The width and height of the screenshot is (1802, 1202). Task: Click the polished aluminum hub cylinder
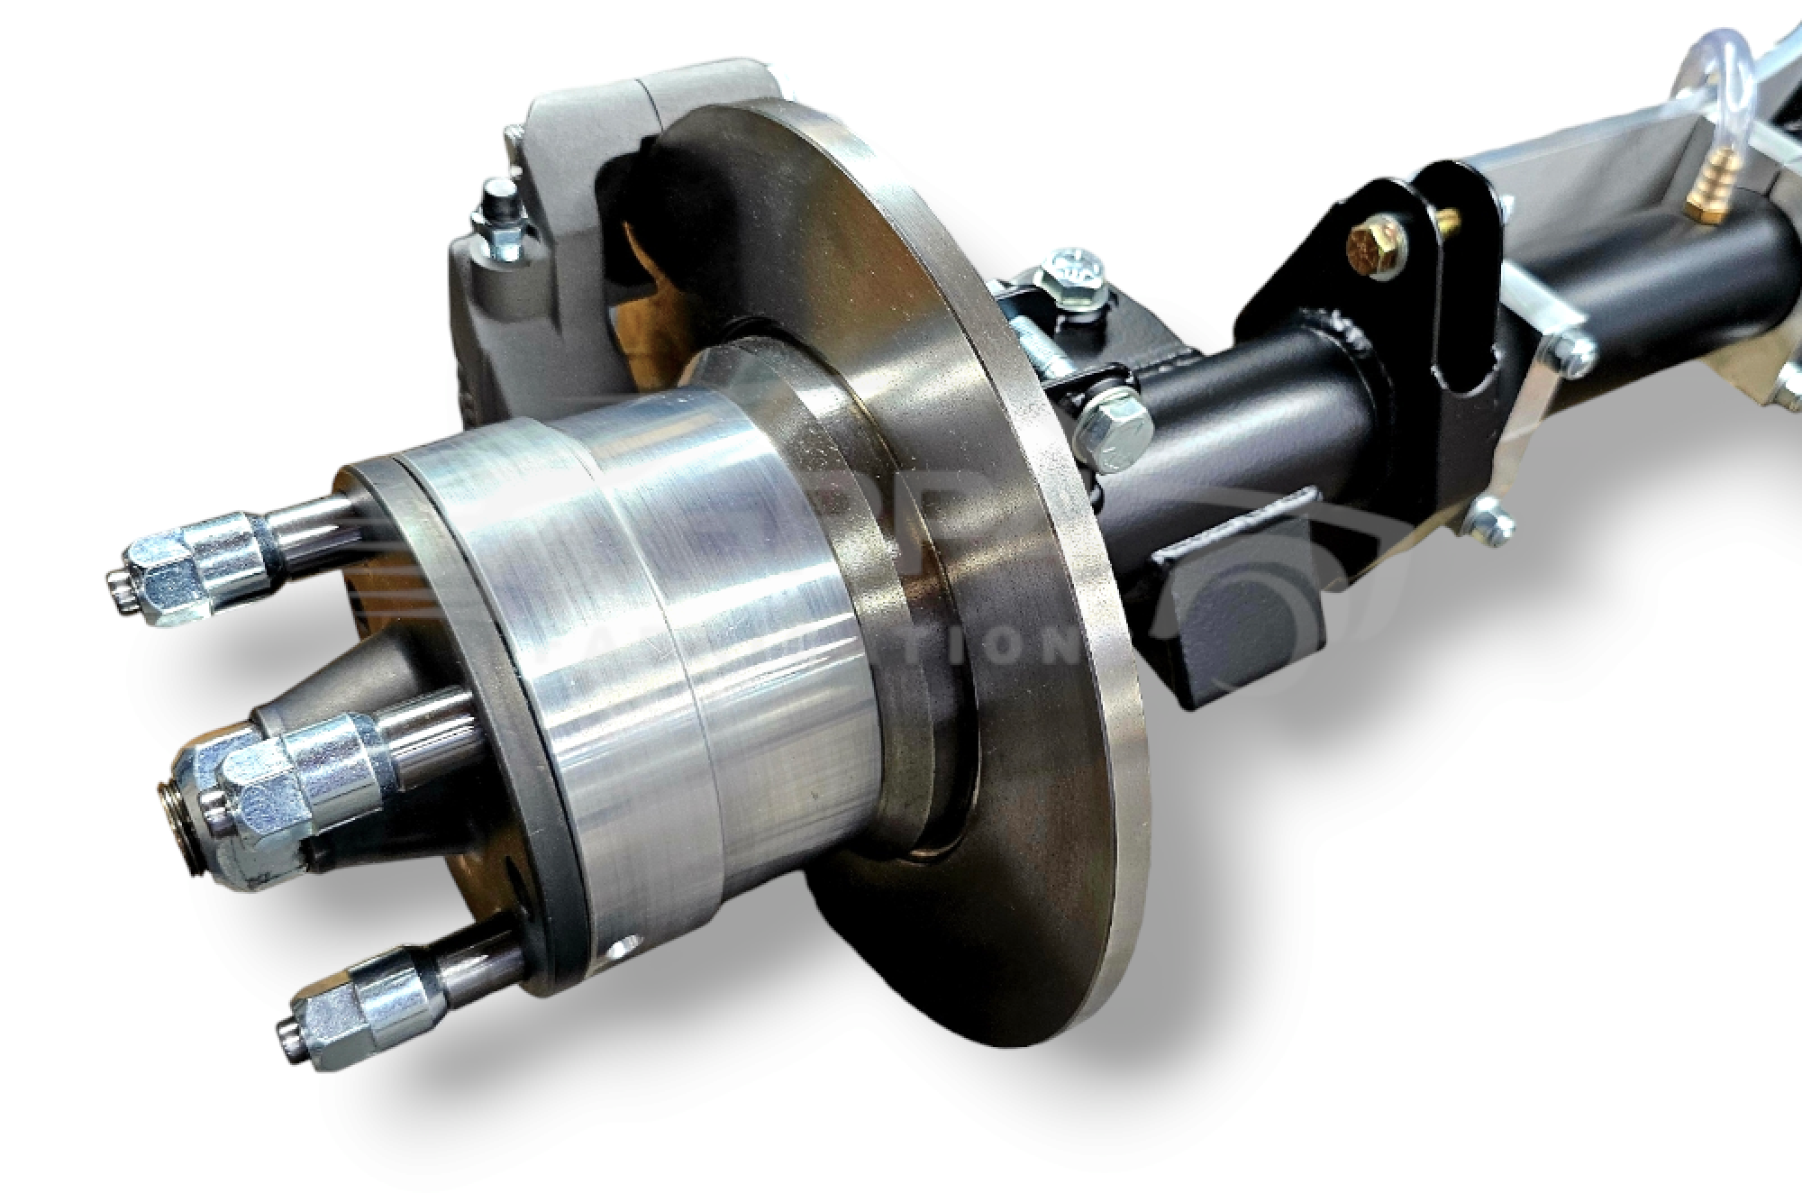[x=685, y=631]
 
